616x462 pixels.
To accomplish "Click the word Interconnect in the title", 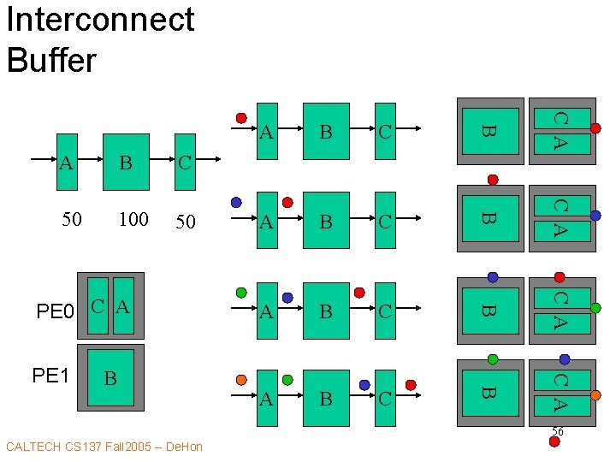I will point(100,20).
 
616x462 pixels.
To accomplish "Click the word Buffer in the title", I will point(51,60).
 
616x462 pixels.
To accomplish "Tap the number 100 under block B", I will point(133,220).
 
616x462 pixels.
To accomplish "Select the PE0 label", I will point(56,311).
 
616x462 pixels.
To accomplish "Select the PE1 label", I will point(50,375).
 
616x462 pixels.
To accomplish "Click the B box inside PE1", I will point(110,377).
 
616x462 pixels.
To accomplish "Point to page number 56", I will point(557,432).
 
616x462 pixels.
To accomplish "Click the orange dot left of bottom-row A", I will point(241,379).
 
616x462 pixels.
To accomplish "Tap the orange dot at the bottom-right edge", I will point(596,396).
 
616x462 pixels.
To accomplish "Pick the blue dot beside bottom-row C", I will point(364,385).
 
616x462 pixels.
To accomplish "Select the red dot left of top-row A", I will point(241,117).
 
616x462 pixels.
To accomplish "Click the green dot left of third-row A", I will point(241,292).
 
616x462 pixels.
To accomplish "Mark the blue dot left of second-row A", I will point(236,203).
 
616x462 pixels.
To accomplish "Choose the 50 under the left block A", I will point(72,220).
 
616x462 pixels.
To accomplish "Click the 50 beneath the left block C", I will point(185,222).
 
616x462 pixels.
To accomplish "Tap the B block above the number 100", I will point(126,162).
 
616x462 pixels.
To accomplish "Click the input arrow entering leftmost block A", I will point(43,160).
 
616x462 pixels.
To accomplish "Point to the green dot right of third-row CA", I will point(595,308).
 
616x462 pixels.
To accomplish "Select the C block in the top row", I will point(385,132).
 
